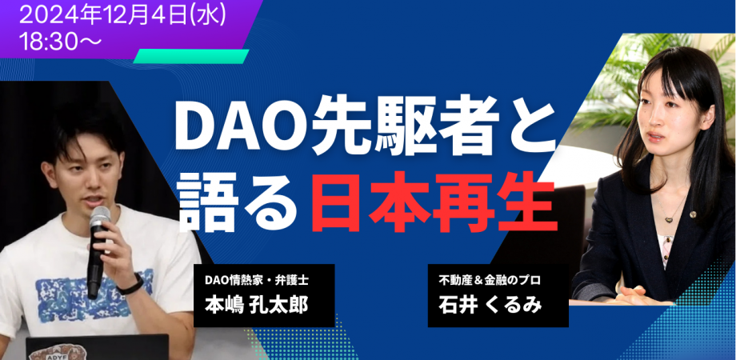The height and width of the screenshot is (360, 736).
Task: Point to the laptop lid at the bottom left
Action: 96,348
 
